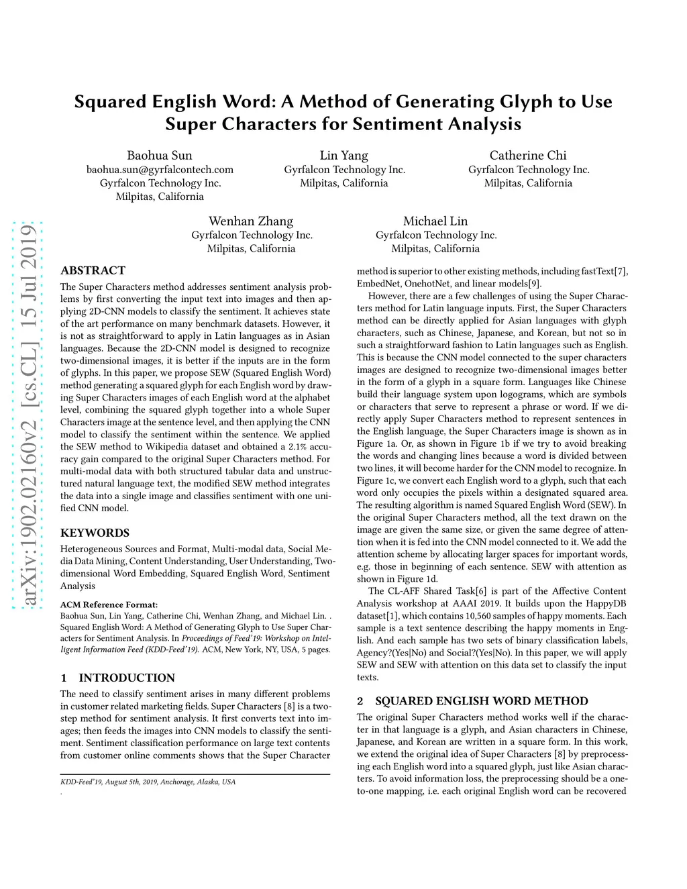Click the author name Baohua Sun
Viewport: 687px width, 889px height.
(160, 156)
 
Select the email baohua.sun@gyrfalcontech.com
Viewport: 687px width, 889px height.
(160, 170)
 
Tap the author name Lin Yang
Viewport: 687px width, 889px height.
(344, 156)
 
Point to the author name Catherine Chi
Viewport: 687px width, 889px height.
(528, 156)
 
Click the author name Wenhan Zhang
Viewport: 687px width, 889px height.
(251, 221)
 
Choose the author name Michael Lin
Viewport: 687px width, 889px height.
(435, 221)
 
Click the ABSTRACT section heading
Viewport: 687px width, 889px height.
(93, 270)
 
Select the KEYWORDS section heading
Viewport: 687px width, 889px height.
(95, 533)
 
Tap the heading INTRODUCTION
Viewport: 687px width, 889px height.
(127, 678)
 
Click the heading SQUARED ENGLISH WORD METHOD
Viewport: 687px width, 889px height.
(481, 701)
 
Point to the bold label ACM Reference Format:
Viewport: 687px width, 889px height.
(109, 605)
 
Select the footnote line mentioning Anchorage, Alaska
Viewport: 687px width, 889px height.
(148, 782)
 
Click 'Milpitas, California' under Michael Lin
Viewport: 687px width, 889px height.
(435, 248)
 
